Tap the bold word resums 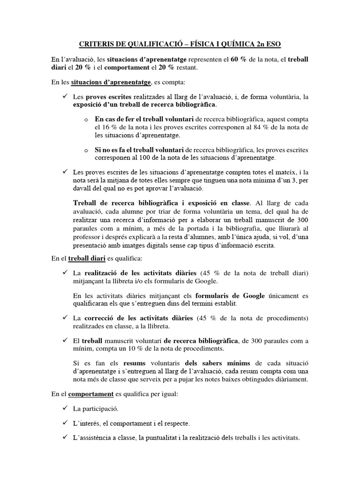(x=135, y=363)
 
